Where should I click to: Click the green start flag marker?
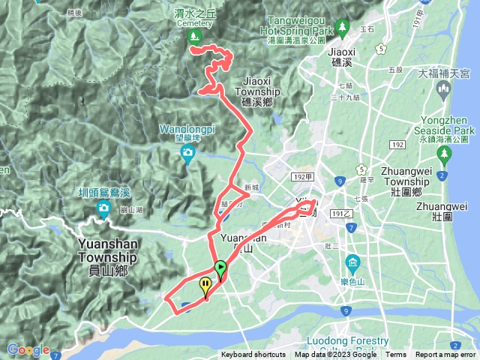click(x=220, y=268)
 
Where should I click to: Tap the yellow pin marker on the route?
click(x=205, y=285)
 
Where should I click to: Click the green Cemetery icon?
click(x=194, y=35)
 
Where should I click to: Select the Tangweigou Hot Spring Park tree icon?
click(x=343, y=26)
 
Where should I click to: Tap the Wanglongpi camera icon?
click(x=187, y=154)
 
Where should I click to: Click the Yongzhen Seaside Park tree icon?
click(x=445, y=156)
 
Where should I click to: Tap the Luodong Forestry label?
click(x=367, y=341)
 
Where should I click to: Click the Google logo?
click(x=28, y=349)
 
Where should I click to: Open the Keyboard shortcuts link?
click(x=253, y=355)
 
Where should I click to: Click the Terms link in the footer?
click(x=396, y=355)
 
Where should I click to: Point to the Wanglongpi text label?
click(x=187, y=129)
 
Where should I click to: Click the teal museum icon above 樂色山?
click(x=352, y=263)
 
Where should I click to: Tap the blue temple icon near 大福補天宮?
click(x=442, y=91)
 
